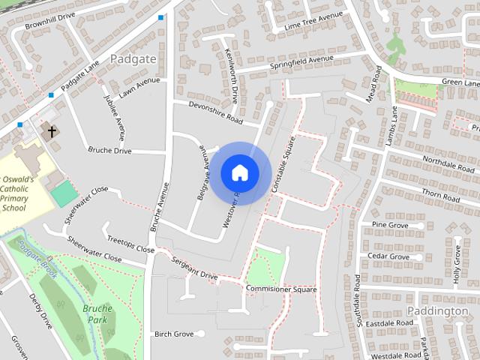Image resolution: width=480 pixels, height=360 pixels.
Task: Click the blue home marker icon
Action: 240,172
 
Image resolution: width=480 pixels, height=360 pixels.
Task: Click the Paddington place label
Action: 437,310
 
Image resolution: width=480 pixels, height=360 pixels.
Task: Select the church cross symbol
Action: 52,132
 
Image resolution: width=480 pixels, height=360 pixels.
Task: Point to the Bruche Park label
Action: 97,313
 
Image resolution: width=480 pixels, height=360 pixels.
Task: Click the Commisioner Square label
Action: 281,289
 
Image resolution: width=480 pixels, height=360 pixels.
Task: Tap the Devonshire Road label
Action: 216,113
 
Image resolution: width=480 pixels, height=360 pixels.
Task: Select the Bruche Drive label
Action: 109,151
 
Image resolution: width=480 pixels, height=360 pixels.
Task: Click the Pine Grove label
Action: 389,224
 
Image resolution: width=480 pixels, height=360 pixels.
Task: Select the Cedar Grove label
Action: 388,256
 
